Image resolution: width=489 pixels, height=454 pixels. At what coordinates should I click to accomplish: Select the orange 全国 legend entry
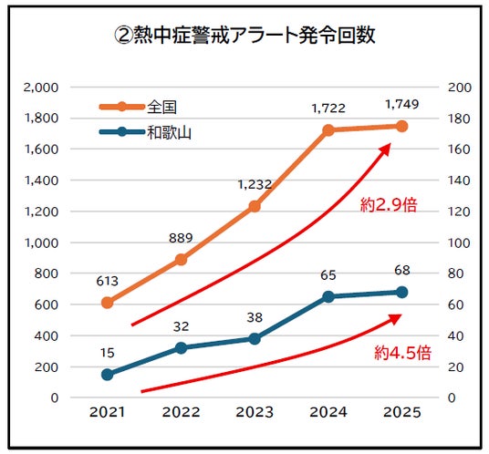(138, 107)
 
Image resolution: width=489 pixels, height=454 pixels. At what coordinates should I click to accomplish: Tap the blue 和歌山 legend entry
(145, 132)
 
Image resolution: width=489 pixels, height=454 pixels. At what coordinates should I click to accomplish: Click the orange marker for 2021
(108, 303)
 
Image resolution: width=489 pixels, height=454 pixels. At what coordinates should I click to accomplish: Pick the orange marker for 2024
(328, 130)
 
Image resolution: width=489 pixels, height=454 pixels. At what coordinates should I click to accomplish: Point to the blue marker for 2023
(255, 339)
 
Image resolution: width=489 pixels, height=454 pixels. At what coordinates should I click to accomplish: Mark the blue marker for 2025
(402, 293)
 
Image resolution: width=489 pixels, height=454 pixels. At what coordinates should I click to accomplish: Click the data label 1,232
(255, 185)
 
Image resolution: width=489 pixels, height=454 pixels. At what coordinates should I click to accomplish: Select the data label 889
(181, 238)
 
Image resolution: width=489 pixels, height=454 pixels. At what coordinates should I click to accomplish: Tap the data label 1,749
(402, 105)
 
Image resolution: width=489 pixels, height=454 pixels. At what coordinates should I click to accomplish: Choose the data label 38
(255, 317)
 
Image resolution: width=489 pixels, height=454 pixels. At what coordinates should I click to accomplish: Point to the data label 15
(108, 353)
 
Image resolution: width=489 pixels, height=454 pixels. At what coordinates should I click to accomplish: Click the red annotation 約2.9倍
(389, 205)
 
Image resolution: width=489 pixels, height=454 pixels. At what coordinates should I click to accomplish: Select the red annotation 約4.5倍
(402, 353)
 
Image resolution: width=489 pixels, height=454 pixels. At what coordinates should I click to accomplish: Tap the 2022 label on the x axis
(181, 412)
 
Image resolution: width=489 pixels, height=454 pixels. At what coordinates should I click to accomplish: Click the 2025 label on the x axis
(402, 412)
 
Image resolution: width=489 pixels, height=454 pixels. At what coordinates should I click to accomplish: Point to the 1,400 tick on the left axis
(41, 181)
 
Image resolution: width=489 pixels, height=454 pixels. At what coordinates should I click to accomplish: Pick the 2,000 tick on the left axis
(41, 88)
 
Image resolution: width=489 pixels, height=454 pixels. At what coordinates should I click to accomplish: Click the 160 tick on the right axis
(459, 150)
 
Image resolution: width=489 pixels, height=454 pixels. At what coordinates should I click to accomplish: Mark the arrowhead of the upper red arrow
(386, 148)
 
